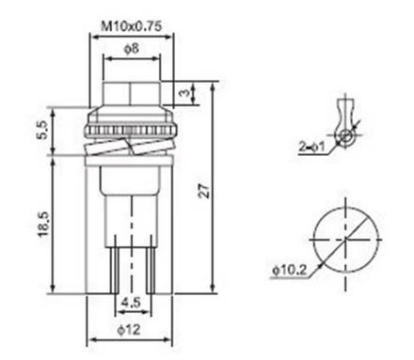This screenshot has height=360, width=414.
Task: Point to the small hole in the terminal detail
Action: point(347,137)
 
